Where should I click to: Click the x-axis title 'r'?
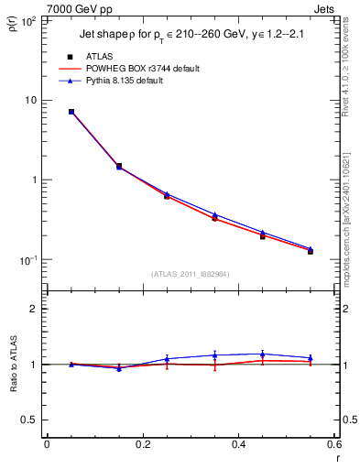[336, 457]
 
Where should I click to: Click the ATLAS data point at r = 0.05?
[71, 112]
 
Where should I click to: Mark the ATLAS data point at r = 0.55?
[311, 250]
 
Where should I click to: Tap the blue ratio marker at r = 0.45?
[263, 354]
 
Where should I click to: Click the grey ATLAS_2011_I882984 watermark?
[191, 274]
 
